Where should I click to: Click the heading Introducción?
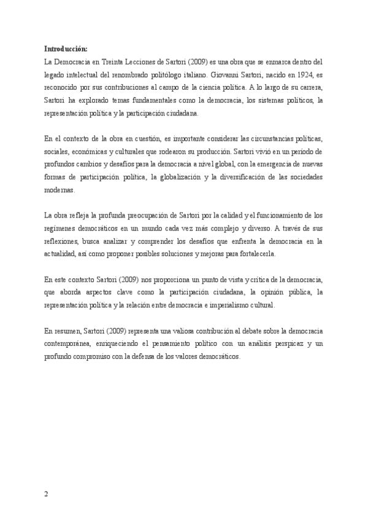tap(66, 49)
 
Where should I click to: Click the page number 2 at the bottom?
tap(47, 493)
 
